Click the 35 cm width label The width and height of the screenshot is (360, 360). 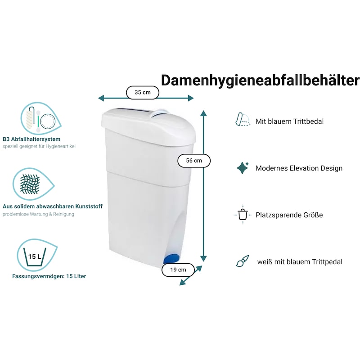pos(143,93)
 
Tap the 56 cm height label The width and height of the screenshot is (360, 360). pos(194,161)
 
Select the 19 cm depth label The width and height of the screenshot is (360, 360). pos(178,270)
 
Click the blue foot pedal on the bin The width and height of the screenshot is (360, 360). pos(171,259)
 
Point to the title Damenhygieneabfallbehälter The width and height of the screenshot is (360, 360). pos(261,81)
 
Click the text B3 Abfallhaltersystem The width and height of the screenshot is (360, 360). pos(31,139)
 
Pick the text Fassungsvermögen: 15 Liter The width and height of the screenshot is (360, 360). pos(49,276)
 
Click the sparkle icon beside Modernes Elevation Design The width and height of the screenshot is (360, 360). pos(243,168)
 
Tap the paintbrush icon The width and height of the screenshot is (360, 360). pos(243,261)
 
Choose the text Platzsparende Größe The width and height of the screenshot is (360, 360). pos(289,215)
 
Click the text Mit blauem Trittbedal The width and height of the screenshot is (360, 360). pos(289,121)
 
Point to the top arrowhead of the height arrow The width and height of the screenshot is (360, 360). pos(204,113)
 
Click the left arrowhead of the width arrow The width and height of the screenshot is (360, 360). pos(101,98)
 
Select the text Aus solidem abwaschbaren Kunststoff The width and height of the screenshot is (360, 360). pos(53,207)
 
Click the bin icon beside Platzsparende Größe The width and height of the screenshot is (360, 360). pos(243,215)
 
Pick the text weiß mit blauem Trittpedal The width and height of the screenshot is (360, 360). pos(300,262)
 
